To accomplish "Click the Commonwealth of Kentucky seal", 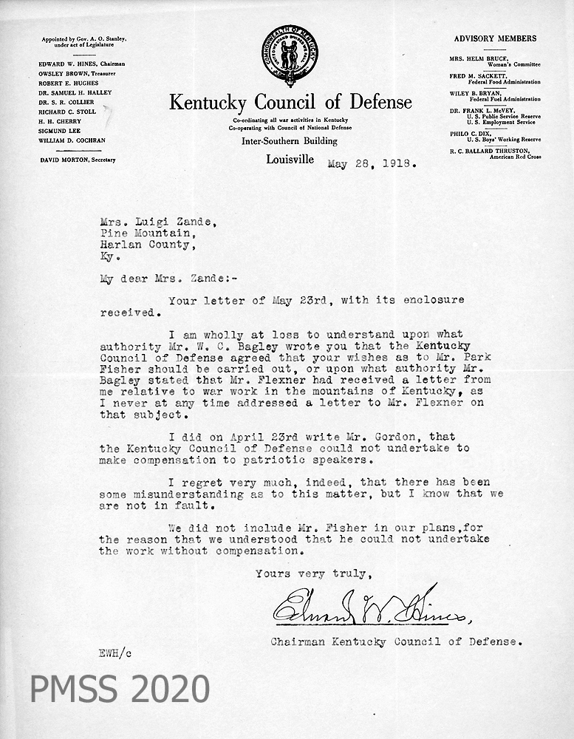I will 289,55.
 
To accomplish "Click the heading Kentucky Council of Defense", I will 290,102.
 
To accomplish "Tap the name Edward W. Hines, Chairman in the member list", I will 81,64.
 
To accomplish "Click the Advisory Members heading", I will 495,38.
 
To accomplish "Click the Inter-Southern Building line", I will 290,141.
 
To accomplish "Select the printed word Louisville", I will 290,160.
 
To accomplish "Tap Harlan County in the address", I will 148,244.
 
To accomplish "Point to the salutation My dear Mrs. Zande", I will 157,279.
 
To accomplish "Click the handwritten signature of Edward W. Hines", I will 369,610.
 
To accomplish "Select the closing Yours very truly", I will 312,573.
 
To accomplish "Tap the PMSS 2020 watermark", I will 120,689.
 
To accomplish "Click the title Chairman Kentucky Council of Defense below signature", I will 396,641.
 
